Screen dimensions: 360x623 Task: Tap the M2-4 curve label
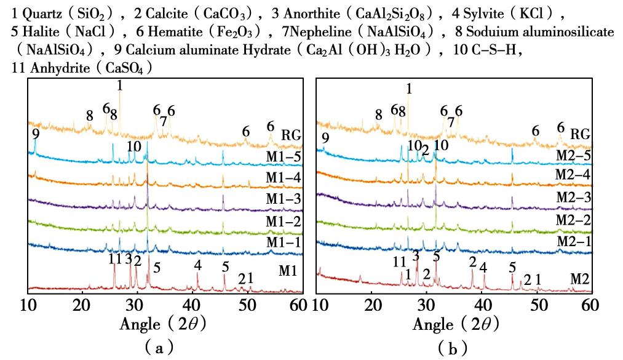[x=573, y=177]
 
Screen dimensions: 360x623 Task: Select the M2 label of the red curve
[x=579, y=279]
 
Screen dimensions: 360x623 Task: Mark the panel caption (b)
[x=451, y=348]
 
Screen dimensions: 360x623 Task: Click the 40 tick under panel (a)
[x=192, y=305]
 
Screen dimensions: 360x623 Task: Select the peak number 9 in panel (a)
[x=36, y=133]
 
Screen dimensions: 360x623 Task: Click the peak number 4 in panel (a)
[x=197, y=266]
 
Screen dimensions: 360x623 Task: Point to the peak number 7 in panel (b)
[x=451, y=122]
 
